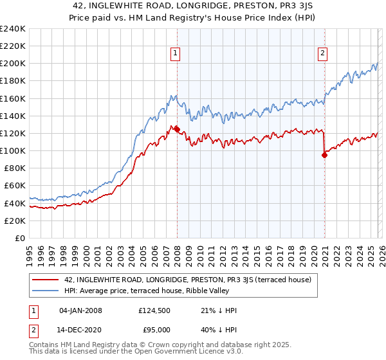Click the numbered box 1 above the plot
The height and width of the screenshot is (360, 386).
[x=176, y=54]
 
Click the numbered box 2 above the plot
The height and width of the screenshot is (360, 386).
[x=322, y=54]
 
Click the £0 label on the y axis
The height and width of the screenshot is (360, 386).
[x=19, y=238]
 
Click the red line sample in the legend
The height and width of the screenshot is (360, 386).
[x=46, y=280]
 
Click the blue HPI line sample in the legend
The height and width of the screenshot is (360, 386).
[x=46, y=291]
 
